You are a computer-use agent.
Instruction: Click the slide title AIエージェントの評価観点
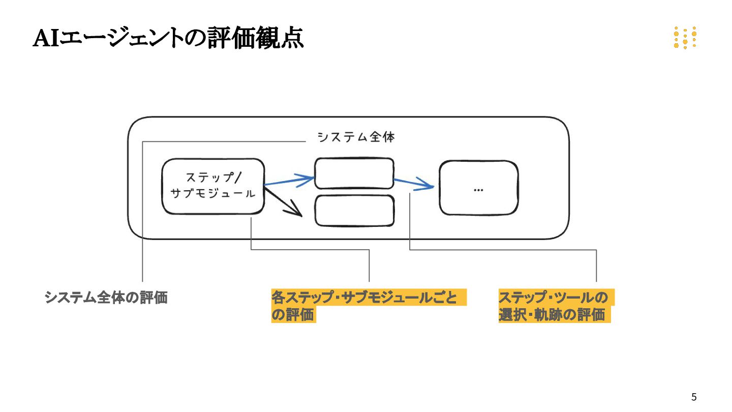point(168,38)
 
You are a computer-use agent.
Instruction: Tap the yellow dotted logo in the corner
point(685,38)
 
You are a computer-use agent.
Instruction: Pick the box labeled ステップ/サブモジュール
point(213,186)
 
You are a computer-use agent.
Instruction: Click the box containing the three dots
point(478,188)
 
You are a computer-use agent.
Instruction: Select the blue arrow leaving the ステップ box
point(290,180)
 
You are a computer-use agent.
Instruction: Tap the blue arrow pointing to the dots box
point(414,183)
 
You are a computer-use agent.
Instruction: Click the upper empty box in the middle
point(354,173)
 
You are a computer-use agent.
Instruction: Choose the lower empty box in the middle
point(354,211)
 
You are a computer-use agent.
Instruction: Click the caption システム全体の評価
point(106,298)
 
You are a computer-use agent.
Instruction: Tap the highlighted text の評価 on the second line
point(293,315)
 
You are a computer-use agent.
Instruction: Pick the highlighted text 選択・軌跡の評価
point(552,315)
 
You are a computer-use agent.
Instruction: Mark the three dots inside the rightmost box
point(478,190)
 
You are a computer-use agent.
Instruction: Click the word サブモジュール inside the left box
point(213,194)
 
